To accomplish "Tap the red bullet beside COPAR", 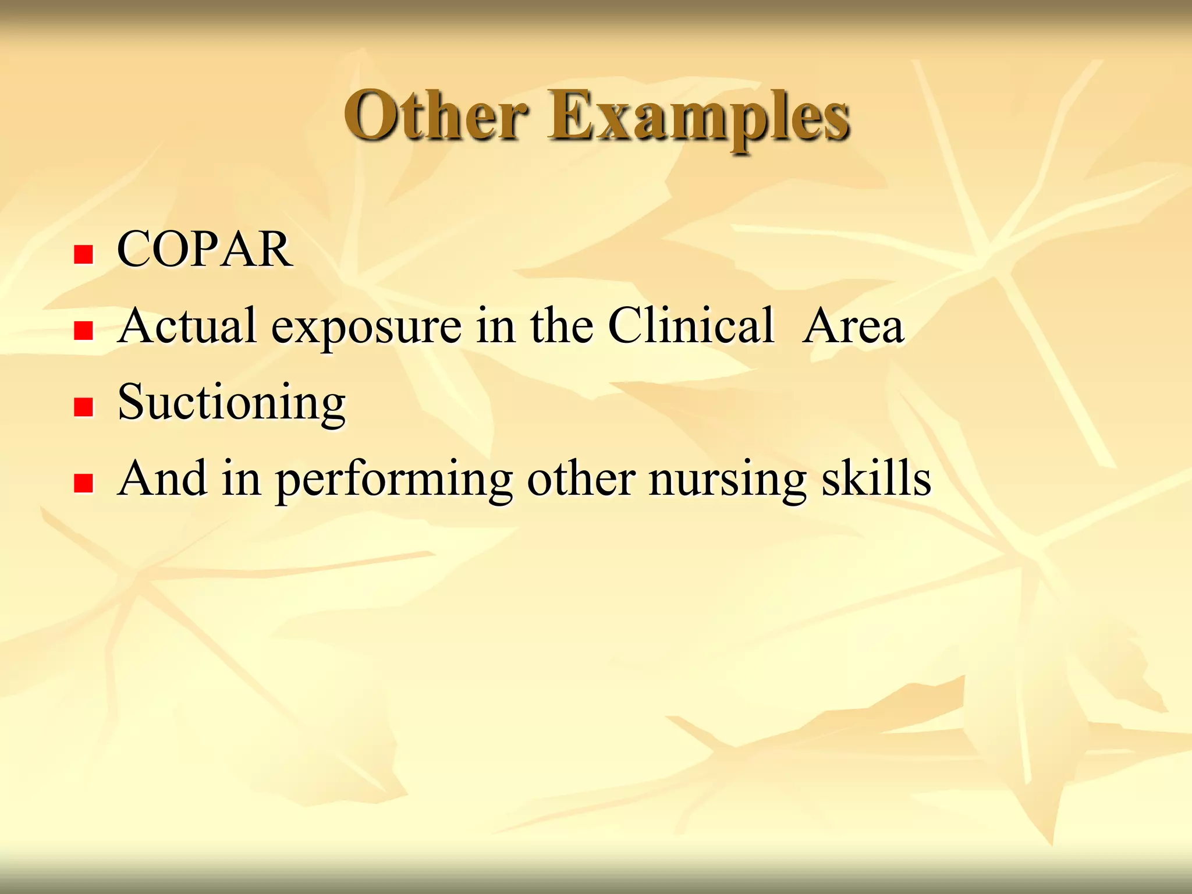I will pos(84,254).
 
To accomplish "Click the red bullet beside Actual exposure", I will pos(84,331).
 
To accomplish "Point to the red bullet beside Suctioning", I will pos(84,407).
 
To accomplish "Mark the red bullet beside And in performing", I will pos(84,483).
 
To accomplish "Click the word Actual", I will pos(186,326).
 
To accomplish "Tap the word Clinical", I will pos(691,326).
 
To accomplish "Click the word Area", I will pos(853,326).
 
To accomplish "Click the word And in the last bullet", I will pos(162,478).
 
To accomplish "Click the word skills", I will pos(876,478).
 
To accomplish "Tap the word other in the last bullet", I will pos(581,478).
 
